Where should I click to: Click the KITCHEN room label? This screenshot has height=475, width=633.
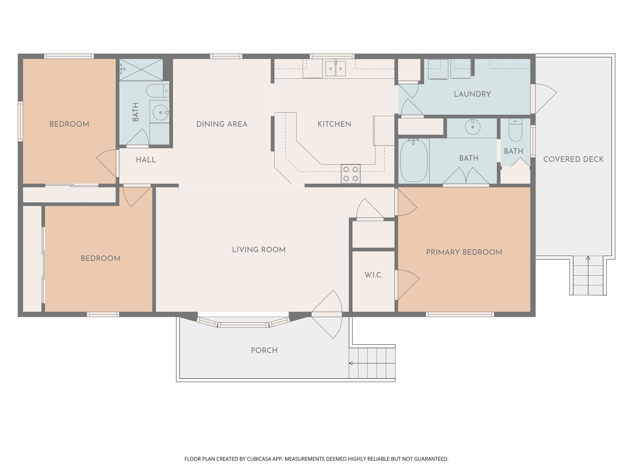tap(334, 124)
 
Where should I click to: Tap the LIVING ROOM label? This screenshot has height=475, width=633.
tap(259, 250)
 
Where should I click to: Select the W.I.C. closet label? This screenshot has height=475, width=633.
tap(373, 275)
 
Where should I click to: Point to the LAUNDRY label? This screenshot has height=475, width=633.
tap(472, 94)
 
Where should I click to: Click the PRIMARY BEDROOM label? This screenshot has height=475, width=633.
tap(464, 252)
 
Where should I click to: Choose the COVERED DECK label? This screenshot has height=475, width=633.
tap(573, 159)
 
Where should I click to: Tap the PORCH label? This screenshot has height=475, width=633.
tap(264, 350)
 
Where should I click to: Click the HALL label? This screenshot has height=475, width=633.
tap(146, 160)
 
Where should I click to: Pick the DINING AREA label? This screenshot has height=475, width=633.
tap(222, 124)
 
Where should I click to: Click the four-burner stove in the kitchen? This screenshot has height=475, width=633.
tap(350, 174)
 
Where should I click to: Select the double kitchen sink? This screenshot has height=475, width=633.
tap(335, 69)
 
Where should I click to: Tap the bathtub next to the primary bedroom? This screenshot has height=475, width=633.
tap(414, 160)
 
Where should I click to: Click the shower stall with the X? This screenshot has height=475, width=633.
tap(141, 69)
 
